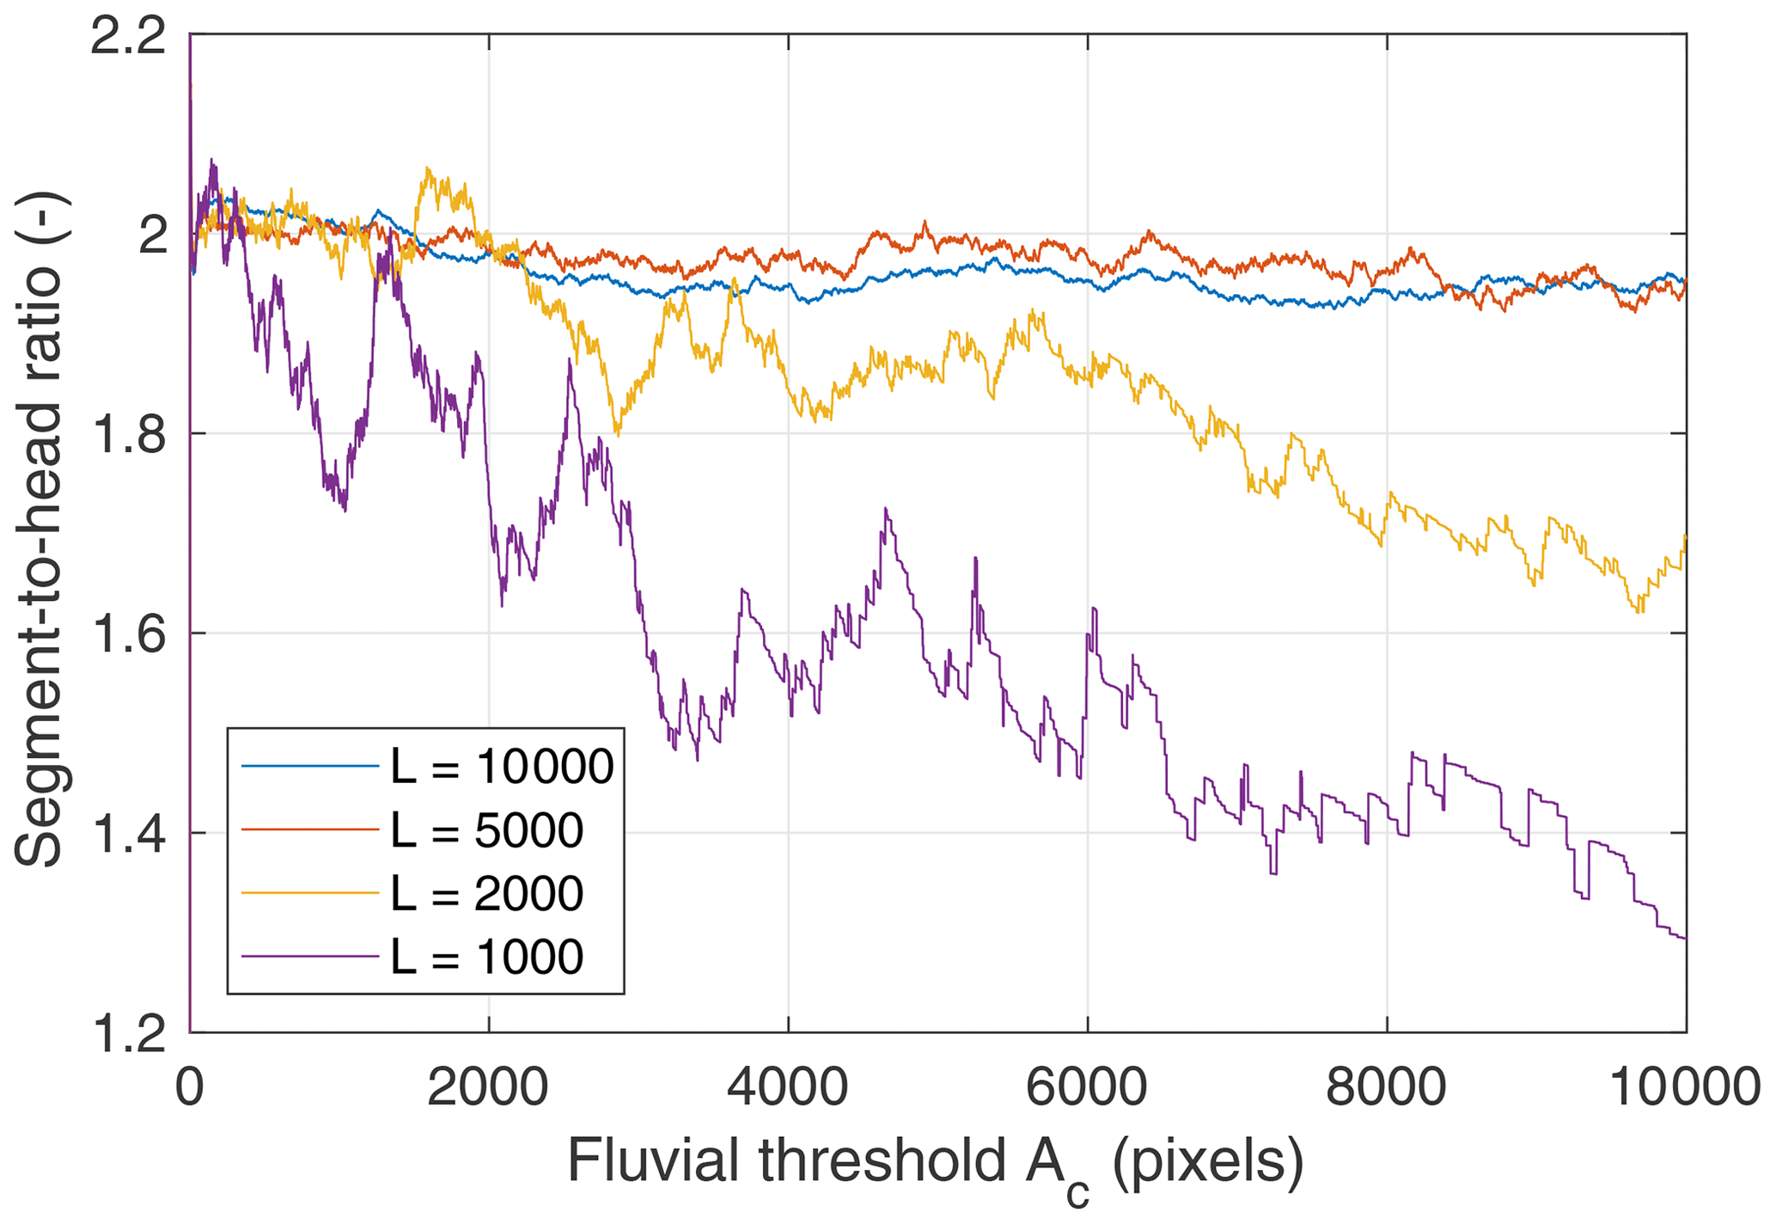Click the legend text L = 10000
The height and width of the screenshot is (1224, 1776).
click(503, 766)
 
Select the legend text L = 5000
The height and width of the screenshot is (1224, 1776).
click(487, 830)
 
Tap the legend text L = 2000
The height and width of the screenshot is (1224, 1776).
click(487, 893)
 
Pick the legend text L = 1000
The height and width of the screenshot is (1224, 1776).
click(487, 957)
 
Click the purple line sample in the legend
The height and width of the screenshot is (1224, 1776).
click(310, 957)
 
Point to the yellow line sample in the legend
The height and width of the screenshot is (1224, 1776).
click(310, 893)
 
